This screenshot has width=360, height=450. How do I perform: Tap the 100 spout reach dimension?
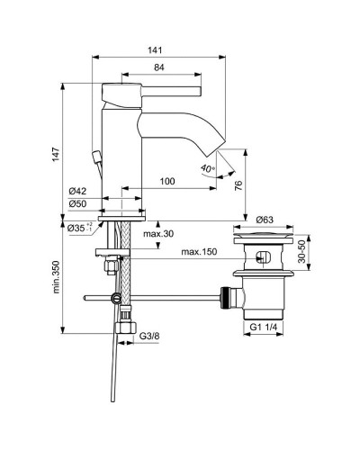coord(168,181)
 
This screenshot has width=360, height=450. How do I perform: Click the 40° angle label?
coord(208,167)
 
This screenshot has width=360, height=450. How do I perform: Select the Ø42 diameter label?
coord(78,190)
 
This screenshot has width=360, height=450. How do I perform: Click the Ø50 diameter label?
coord(78,203)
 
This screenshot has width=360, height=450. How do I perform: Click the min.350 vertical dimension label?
coord(57,280)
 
